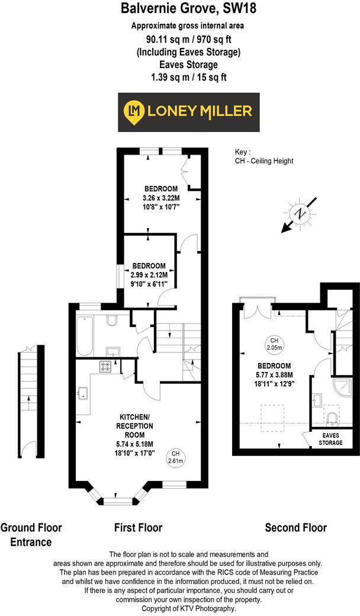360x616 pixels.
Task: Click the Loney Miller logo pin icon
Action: pos(134,111)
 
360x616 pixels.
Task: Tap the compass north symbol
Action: pos(301,214)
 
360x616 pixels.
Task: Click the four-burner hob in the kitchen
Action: pos(106,367)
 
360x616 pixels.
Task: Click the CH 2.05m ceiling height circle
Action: pos(274,344)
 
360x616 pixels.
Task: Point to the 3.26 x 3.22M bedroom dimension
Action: pos(160,198)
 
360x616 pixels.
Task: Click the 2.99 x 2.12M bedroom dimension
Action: pos(149,275)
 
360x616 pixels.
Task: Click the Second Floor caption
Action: pos(295,527)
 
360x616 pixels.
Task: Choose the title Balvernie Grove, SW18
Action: pos(181,9)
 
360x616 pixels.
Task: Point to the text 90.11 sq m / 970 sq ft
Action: pos(180,39)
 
